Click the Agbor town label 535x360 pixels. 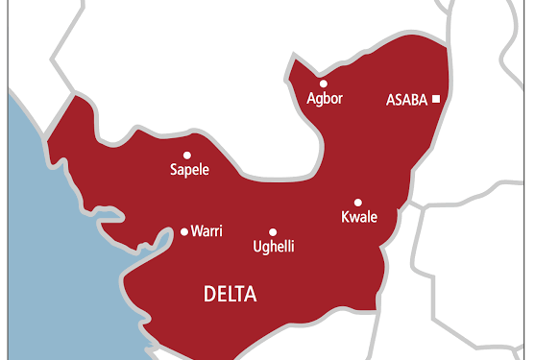pyautogui.click(x=324, y=99)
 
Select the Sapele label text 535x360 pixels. pyautogui.click(x=188, y=170)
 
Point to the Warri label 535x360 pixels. pyautogui.click(x=207, y=231)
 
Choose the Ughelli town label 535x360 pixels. pyautogui.click(x=273, y=248)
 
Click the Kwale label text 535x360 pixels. pyautogui.click(x=359, y=217)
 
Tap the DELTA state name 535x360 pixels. pyautogui.click(x=231, y=295)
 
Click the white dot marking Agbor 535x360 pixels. pyautogui.click(x=324, y=84)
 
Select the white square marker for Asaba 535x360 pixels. pyautogui.click(x=436, y=98)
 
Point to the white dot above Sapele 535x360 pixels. pyautogui.click(x=187, y=155)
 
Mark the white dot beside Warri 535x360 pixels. pyautogui.click(x=184, y=231)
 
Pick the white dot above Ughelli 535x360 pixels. pyautogui.click(x=273, y=231)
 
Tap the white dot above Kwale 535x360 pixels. pyautogui.click(x=358, y=202)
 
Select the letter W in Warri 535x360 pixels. pyautogui.click(x=196, y=231)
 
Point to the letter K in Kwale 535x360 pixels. pyautogui.click(x=346, y=217)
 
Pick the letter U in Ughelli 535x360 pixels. pyautogui.click(x=256, y=247)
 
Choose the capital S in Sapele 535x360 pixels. pyautogui.click(x=173, y=170)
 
